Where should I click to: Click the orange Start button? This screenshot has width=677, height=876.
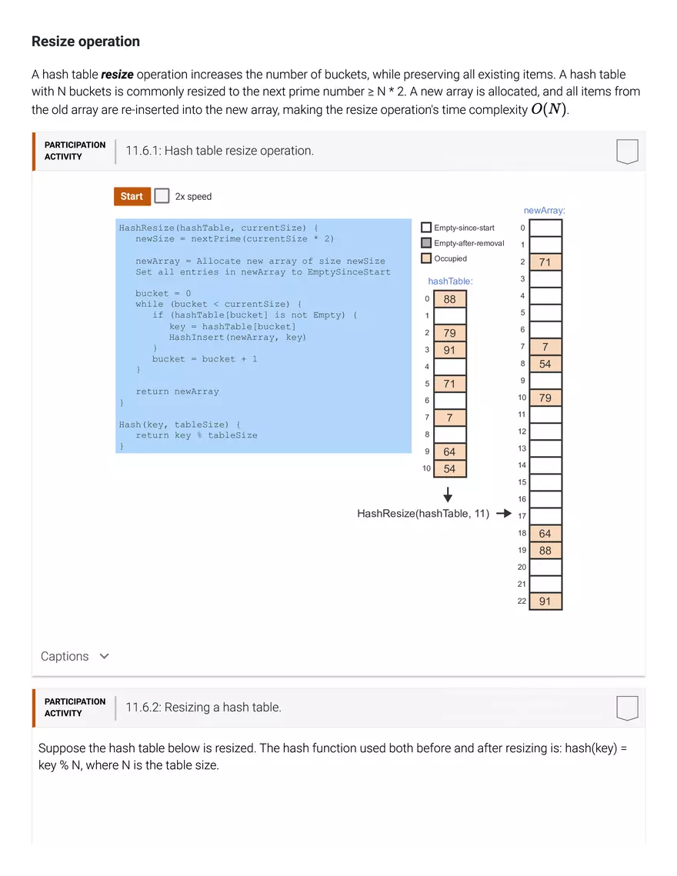pyautogui.click(x=132, y=196)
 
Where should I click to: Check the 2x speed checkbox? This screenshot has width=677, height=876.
pyautogui.click(x=162, y=196)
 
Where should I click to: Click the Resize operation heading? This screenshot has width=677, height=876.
pyautogui.click(x=85, y=42)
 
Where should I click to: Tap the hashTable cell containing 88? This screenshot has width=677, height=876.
pyautogui.click(x=450, y=299)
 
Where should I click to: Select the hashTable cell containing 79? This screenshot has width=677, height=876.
pyautogui.click(x=450, y=333)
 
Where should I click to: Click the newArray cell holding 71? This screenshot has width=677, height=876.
pyautogui.click(x=545, y=262)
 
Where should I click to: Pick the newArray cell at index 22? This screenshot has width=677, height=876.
pyautogui.click(x=545, y=601)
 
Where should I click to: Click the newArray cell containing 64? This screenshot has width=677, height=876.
pyautogui.click(x=545, y=534)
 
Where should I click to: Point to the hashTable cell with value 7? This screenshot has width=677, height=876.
pyautogui.click(x=450, y=418)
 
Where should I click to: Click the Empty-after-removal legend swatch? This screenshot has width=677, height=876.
pyautogui.click(x=426, y=243)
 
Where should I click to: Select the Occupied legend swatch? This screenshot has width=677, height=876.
pyautogui.click(x=426, y=258)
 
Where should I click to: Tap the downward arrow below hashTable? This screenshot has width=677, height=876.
pyautogui.click(x=448, y=495)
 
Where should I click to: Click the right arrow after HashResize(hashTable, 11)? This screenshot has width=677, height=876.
pyautogui.click(x=504, y=514)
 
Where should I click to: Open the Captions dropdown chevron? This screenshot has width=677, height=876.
pyautogui.click(x=105, y=656)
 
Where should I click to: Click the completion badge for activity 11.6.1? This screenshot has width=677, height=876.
pyautogui.click(x=627, y=152)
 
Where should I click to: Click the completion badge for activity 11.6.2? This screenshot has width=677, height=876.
pyautogui.click(x=627, y=708)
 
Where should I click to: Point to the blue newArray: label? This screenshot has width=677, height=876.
pyautogui.click(x=544, y=210)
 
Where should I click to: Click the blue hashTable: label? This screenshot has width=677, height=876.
pyautogui.click(x=450, y=281)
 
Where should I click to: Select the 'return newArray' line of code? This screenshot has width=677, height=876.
pyautogui.click(x=177, y=391)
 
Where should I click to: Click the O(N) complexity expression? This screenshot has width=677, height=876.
pyautogui.click(x=549, y=109)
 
